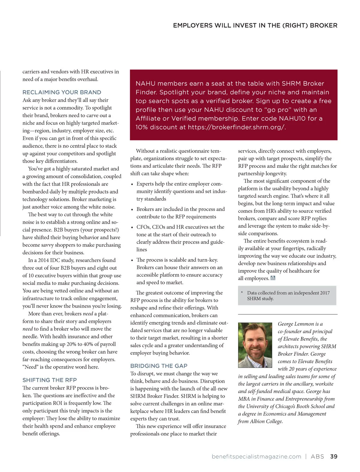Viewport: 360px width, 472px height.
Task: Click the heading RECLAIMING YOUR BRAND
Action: tap(62, 92)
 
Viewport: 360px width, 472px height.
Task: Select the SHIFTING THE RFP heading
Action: tap(49, 380)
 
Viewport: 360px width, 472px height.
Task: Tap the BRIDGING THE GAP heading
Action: tap(159, 366)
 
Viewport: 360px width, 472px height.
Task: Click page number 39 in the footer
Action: tap(334, 456)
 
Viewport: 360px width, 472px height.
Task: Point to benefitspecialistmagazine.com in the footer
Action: tap(256, 456)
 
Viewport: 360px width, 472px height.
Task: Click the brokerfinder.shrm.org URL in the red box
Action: tap(236, 127)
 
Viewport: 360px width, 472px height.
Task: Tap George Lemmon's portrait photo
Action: tap(255, 345)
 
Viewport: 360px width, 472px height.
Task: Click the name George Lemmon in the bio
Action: tap(296, 324)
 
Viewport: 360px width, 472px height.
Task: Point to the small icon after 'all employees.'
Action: tap(273, 278)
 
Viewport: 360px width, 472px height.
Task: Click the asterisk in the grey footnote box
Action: tap(242, 292)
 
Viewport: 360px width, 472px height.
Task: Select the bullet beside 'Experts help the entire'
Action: tap(132, 184)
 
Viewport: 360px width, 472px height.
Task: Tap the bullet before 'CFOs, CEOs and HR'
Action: tap(132, 227)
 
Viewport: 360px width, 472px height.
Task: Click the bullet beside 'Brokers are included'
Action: tap(132, 210)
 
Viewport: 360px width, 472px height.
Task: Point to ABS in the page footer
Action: tap(317, 456)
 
